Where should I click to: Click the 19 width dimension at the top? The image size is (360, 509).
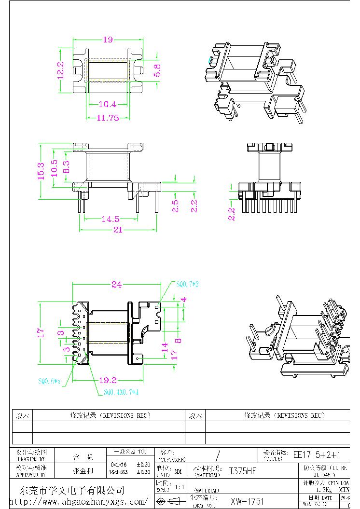tap(108, 40)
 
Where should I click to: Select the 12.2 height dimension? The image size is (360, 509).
tap(61, 70)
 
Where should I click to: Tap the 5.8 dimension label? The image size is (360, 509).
tap(157, 70)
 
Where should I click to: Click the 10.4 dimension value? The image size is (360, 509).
tap(107, 104)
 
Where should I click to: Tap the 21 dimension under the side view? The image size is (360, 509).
tap(117, 230)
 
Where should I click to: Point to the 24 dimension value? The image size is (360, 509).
tap(116, 285)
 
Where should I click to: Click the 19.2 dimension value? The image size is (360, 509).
tap(108, 380)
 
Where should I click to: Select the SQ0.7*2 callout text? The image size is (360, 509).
tap(187, 284)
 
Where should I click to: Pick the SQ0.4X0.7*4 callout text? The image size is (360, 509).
tap(121, 392)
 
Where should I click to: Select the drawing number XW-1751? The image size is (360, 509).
tap(247, 501)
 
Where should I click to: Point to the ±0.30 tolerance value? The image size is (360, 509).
tap(143, 472)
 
